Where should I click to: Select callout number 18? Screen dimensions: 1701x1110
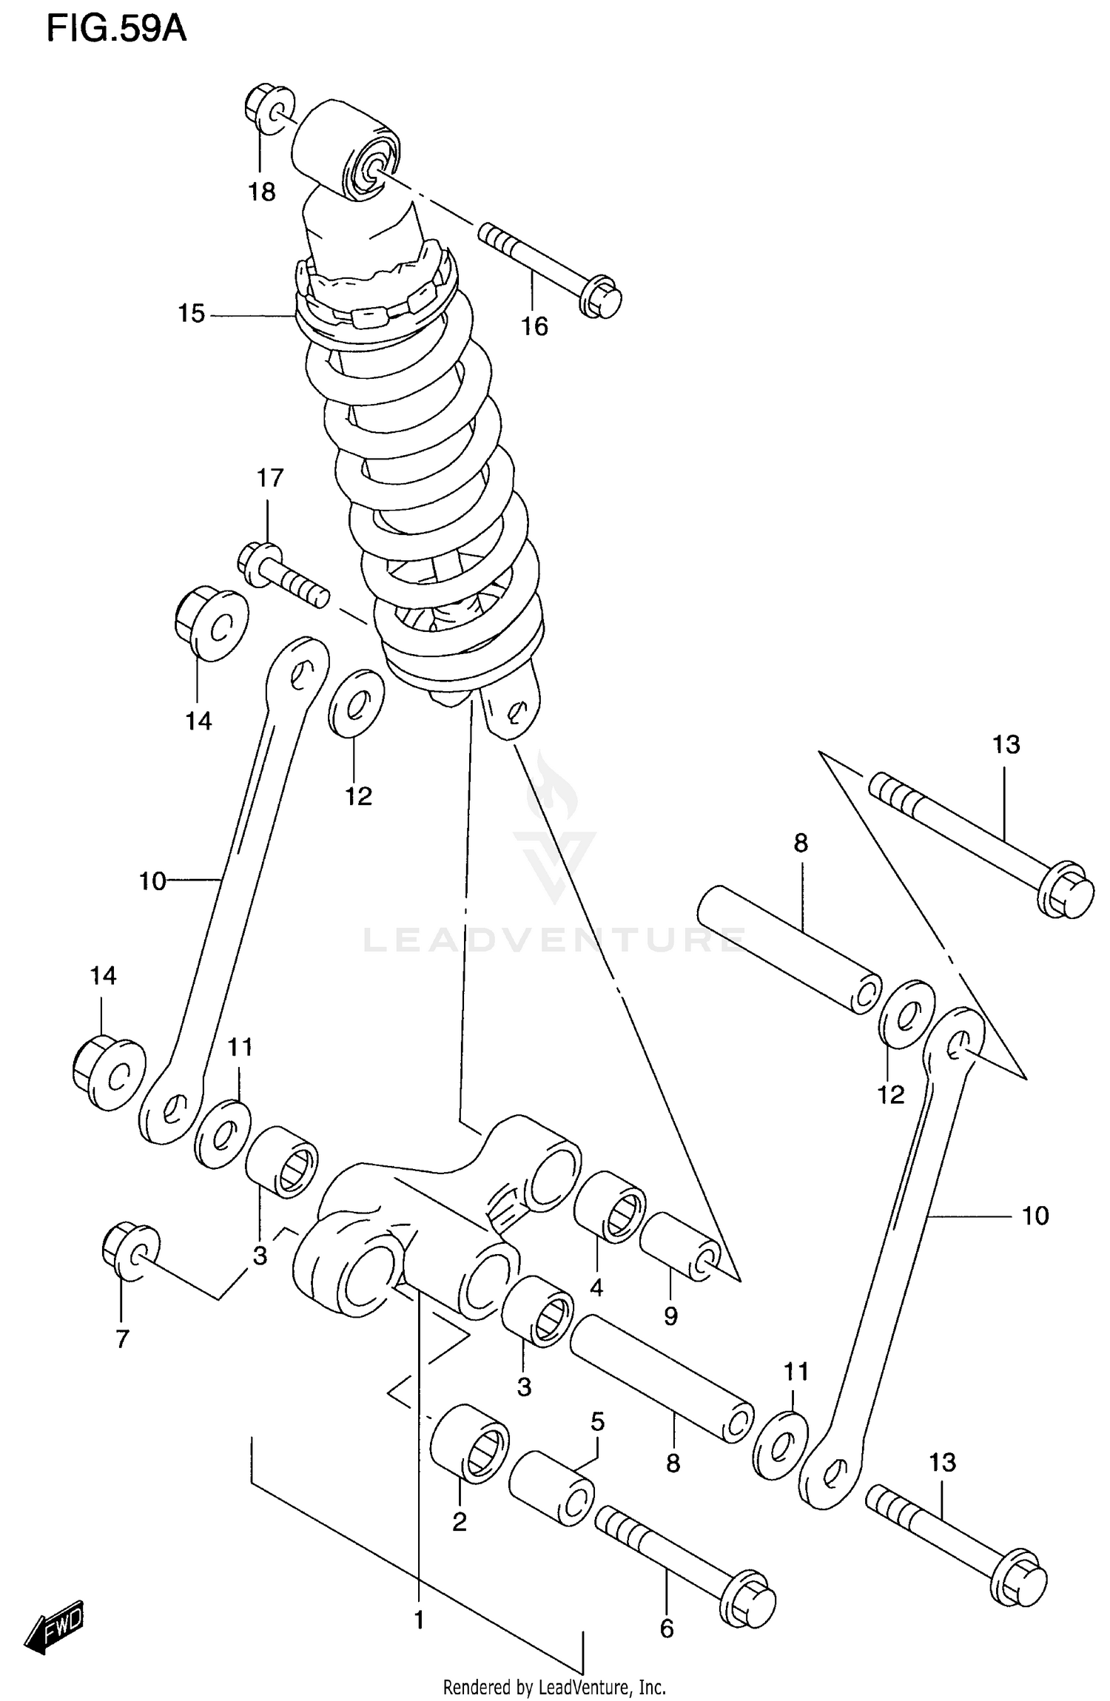[261, 192]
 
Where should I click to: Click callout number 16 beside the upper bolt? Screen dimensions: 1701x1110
[534, 326]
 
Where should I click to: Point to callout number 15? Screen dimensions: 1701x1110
[191, 314]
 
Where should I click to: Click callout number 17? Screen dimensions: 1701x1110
[270, 478]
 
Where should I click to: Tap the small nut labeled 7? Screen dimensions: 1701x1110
[129, 1250]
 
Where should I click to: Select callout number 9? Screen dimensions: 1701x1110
[670, 1316]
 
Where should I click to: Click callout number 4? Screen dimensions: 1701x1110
[596, 1287]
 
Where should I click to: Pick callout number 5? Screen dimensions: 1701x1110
[597, 1421]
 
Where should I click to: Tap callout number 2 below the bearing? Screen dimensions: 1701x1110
[459, 1521]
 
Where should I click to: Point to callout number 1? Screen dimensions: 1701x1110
[419, 1620]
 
